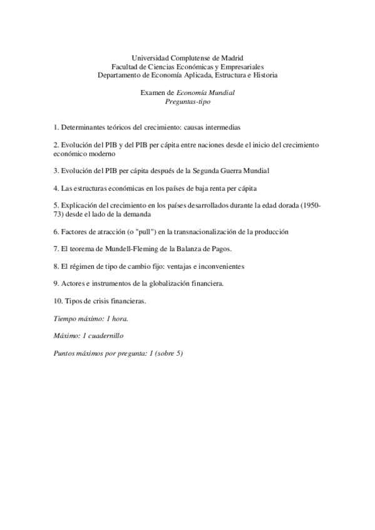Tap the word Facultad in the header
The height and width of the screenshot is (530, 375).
click(126, 66)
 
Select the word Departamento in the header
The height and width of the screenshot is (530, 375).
click(123, 75)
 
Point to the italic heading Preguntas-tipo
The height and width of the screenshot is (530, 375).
click(188, 101)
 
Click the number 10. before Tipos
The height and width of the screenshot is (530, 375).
click(58, 301)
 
